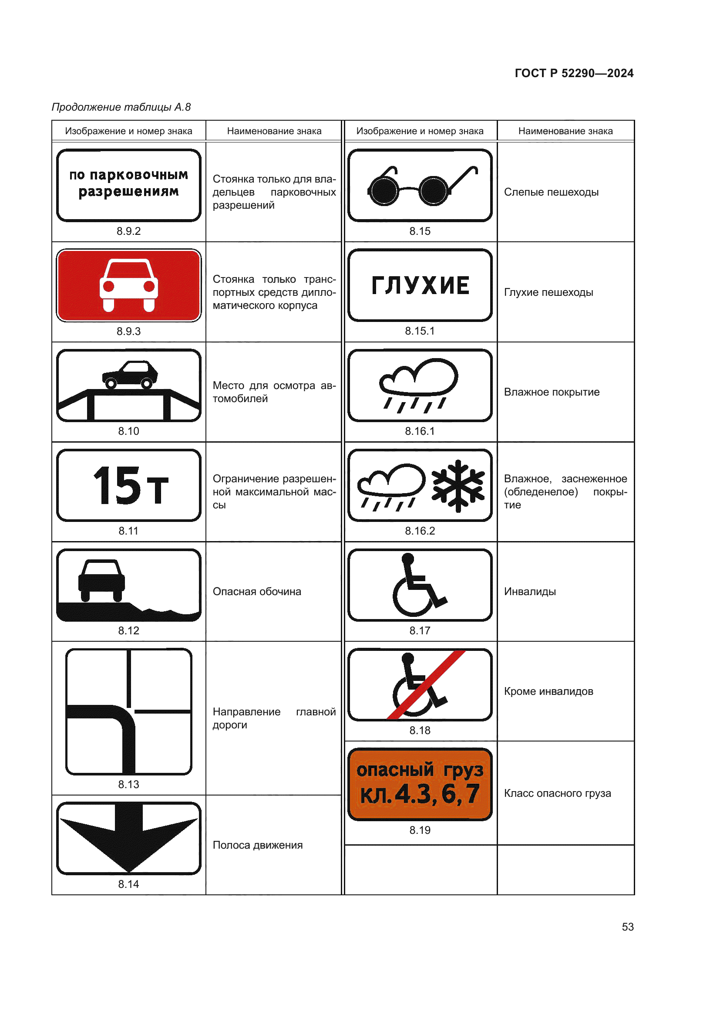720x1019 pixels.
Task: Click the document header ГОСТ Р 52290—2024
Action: point(574,73)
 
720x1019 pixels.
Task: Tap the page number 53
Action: point(627,927)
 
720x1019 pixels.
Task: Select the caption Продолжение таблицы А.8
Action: point(121,107)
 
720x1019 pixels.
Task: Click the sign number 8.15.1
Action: point(419,331)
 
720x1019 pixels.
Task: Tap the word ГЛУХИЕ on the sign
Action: point(420,285)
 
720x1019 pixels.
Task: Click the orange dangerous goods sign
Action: point(420,784)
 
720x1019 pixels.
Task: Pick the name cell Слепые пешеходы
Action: point(551,192)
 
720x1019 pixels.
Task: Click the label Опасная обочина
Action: point(257,592)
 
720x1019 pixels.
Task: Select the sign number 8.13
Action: point(128,784)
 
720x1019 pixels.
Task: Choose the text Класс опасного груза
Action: point(557,793)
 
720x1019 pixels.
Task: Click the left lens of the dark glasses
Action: point(384,191)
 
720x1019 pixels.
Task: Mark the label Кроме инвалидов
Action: point(548,691)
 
